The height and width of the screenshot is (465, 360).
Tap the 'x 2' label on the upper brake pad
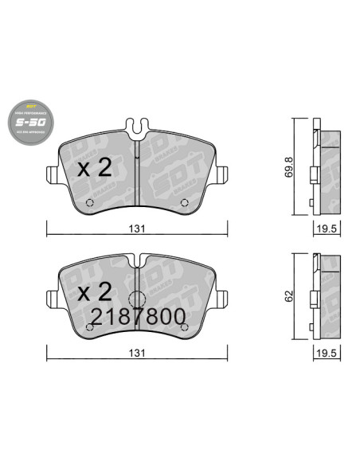(x=94, y=168)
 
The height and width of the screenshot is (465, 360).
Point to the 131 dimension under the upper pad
(x=137, y=229)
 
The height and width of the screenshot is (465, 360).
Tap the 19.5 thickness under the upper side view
(x=322, y=229)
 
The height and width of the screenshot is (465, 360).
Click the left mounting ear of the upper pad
(x=52, y=173)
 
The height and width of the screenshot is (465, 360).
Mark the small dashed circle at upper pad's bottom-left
(x=89, y=201)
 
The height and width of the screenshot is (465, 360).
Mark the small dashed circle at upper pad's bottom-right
(x=186, y=201)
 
